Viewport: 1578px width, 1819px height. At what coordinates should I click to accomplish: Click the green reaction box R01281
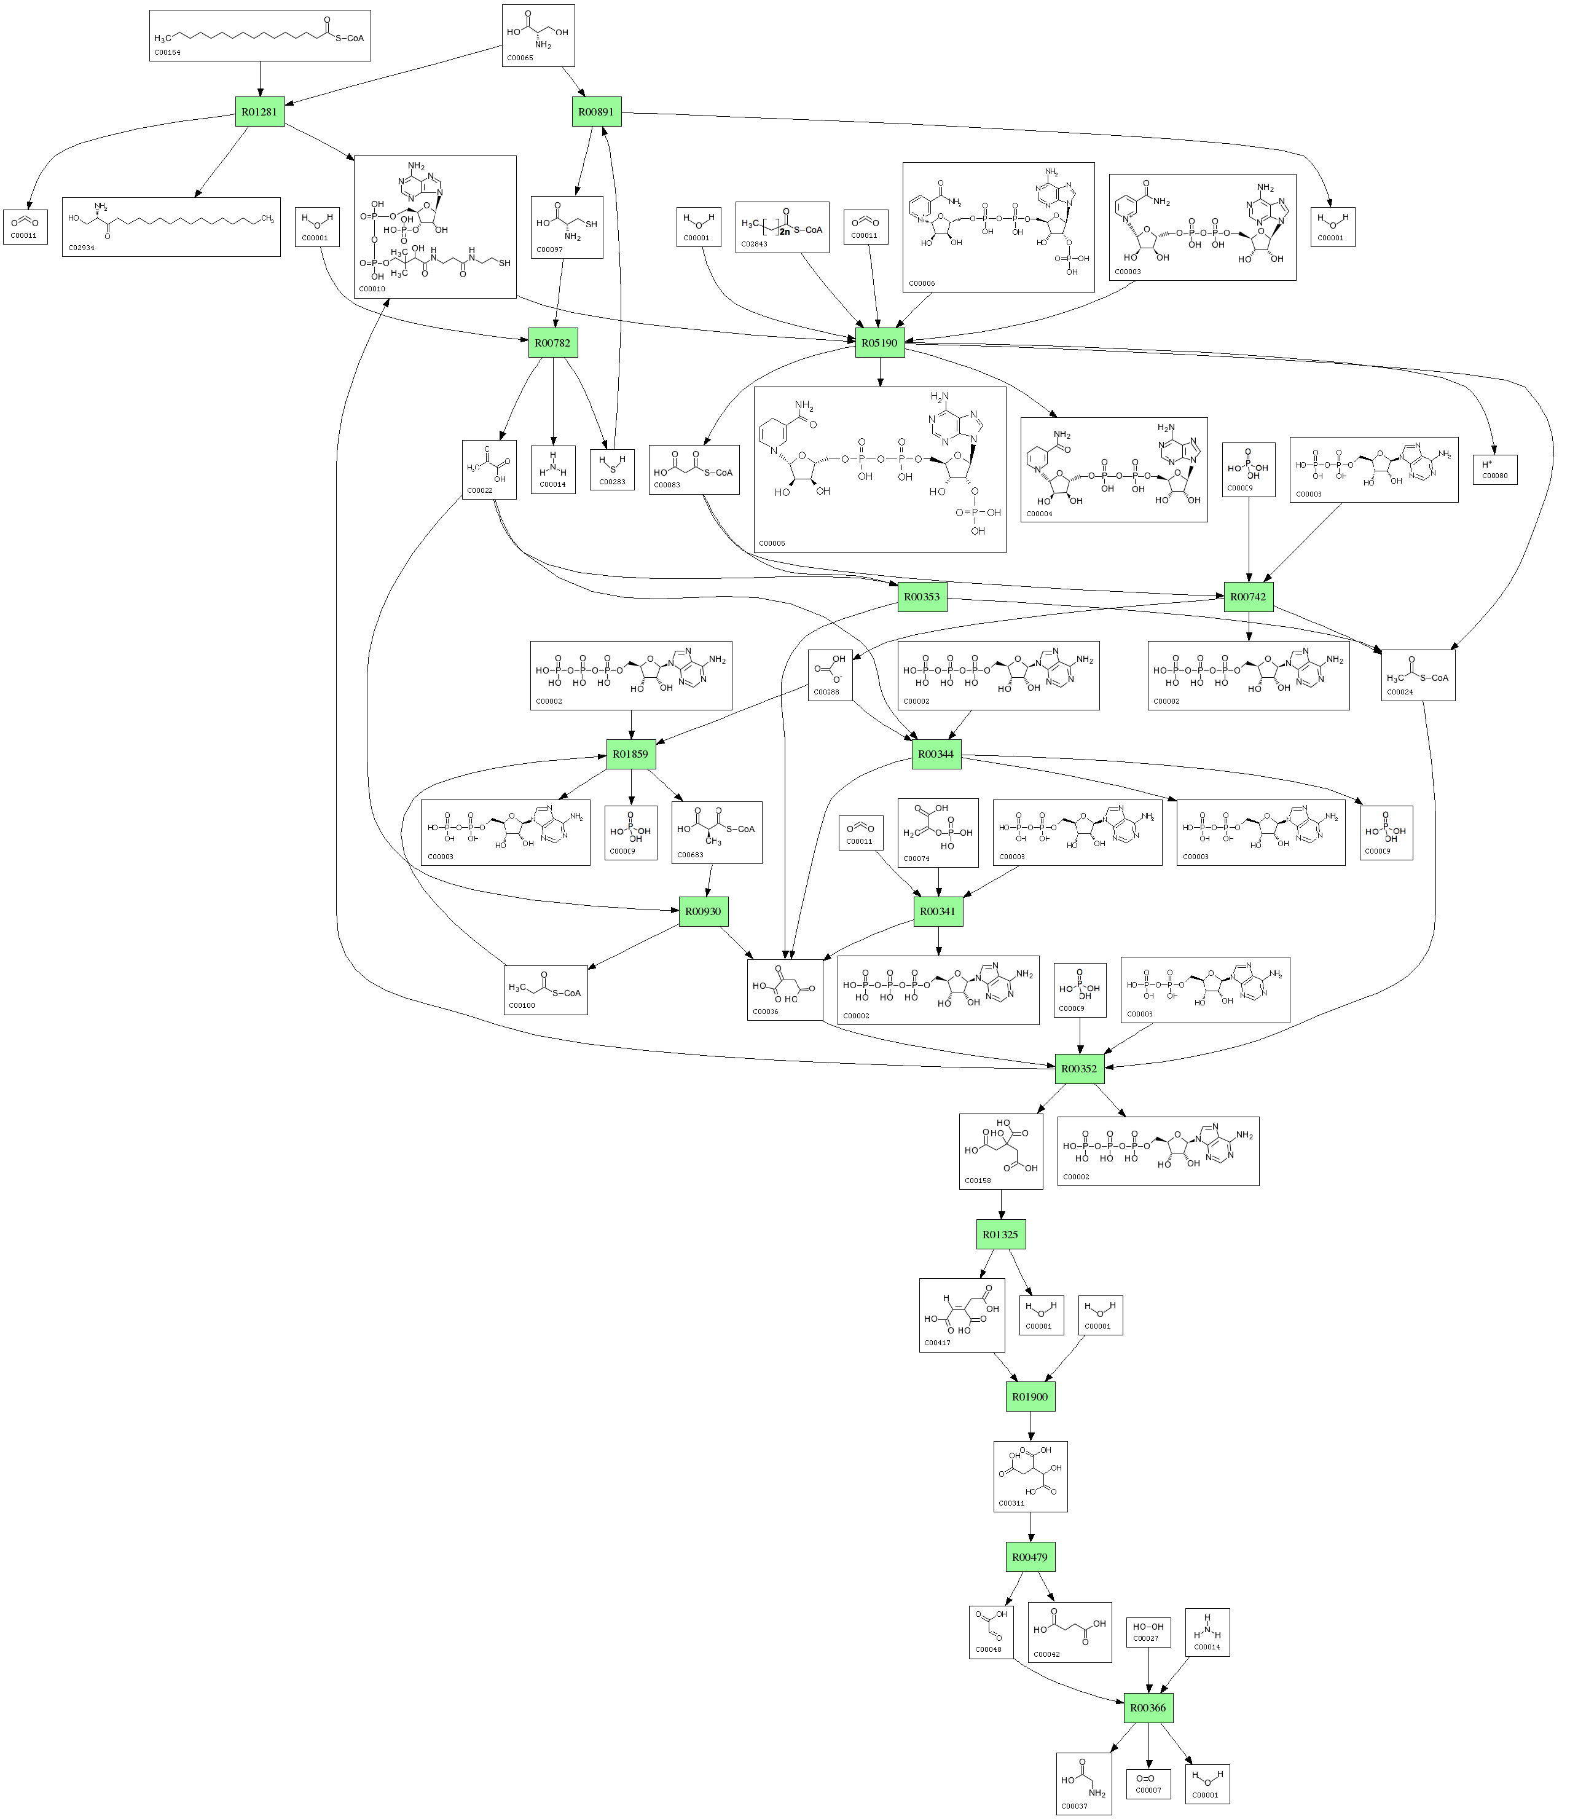pyautogui.click(x=260, y=111)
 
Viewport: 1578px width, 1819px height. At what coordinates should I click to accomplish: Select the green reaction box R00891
pyautogui.click(x=596, y=111)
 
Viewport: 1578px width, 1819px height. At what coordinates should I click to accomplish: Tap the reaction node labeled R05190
pyautogui.click(x=880, y=342)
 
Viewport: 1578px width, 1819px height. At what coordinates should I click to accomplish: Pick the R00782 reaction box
pyautogui.click(x=552, y=342)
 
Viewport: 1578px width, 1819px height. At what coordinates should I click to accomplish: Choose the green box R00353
pyautogui.click(x=921, y=596)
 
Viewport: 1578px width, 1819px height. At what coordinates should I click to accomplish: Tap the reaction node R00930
pyautogui.click(x=704, y=911)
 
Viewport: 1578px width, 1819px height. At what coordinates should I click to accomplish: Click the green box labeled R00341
pyautogui.click(x=937, y=911)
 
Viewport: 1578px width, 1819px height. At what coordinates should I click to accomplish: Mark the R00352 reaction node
pyautogui.click(x=1080, y=1068)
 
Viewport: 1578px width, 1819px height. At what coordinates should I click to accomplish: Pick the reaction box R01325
pyautogui.click(x=1000, y=1235)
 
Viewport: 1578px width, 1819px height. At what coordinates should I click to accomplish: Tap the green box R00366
pyautogui.click(x=1148, y=1707)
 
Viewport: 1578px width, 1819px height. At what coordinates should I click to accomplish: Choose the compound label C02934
pyautogui.click(x=80, y=248)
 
